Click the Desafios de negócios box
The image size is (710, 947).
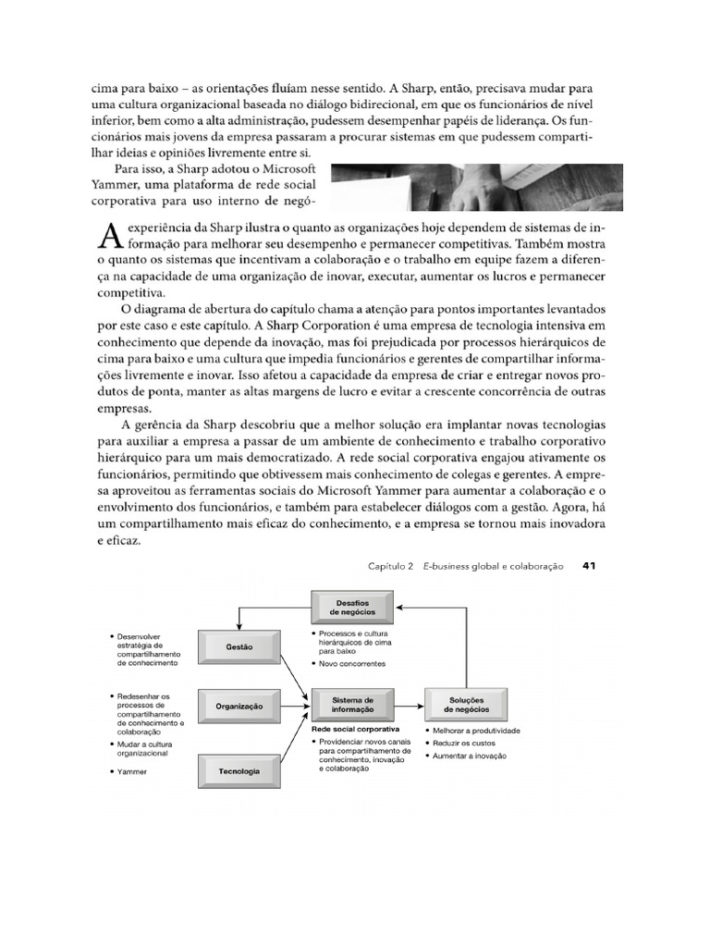tap(349, 607)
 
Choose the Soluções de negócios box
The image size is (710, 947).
tap(466, 705)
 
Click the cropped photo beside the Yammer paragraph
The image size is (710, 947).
tap(475, 188)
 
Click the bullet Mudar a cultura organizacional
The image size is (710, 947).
tap(145, 748)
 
